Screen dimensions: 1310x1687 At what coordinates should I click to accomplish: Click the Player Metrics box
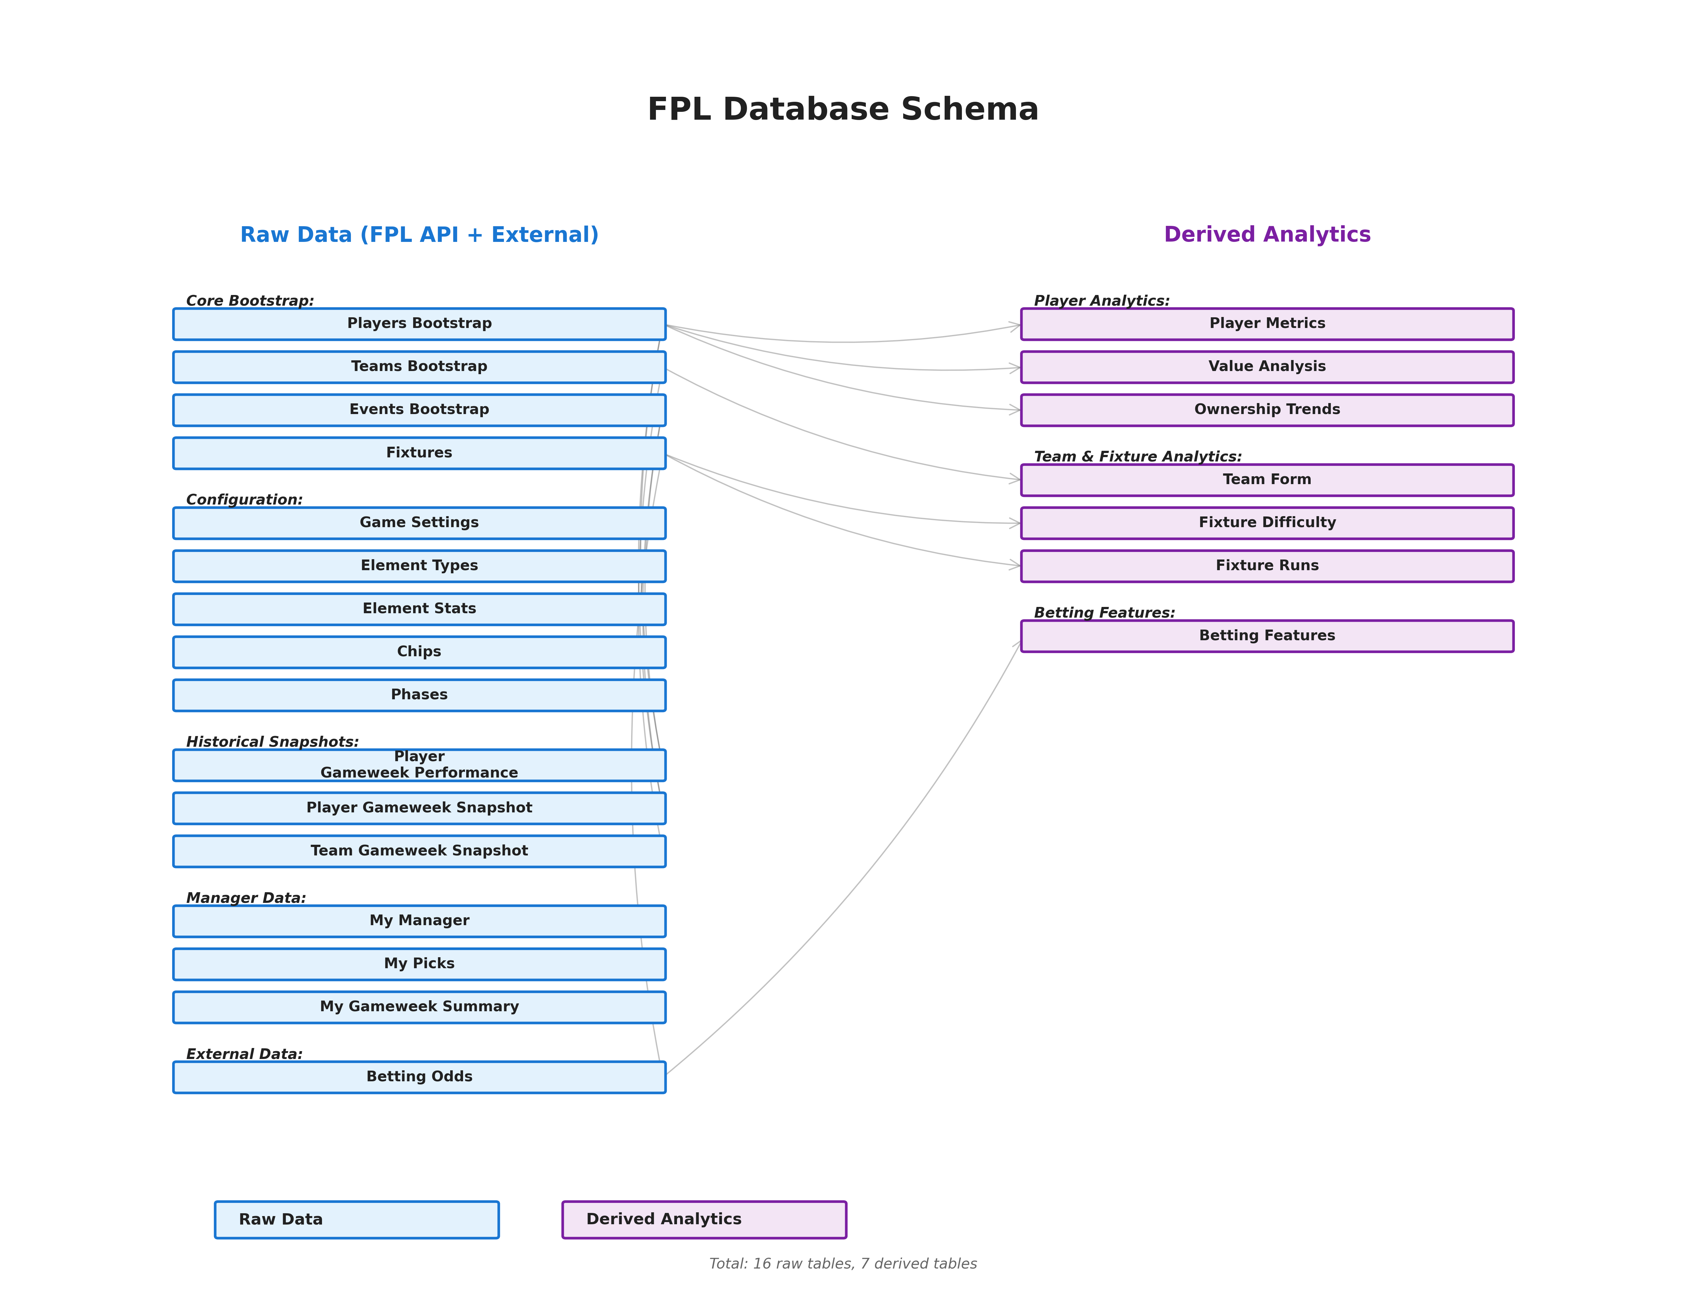1267,324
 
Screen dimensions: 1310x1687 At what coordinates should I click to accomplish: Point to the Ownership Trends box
1267,410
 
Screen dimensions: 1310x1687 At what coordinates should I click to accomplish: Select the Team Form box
1267,480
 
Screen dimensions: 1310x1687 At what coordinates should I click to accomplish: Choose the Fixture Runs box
1267,566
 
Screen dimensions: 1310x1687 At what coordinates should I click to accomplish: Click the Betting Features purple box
1267,636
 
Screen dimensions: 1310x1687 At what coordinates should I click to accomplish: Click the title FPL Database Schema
843,110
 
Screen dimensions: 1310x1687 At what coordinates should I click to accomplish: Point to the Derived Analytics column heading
1267,235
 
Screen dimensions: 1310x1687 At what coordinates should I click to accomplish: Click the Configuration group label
244,500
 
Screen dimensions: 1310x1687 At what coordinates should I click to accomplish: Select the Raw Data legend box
357,1220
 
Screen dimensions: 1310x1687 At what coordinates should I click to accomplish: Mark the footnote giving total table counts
843,1264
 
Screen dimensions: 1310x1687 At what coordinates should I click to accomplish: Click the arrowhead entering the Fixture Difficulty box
1015,524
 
